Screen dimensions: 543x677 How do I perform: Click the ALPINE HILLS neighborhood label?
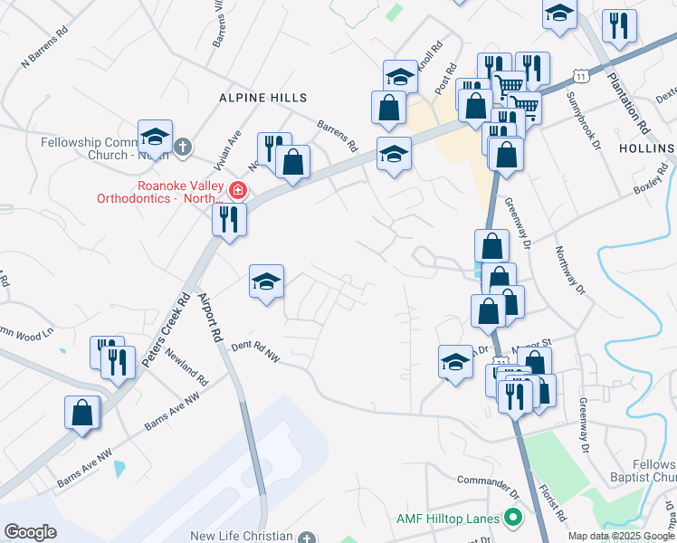pos(262,98)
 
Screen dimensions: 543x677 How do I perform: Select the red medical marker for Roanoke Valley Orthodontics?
pos(238,190)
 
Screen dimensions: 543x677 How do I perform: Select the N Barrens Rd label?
pos(44,53)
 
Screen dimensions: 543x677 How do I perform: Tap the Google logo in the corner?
pos(30,532)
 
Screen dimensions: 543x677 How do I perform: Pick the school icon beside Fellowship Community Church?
pos(155,138)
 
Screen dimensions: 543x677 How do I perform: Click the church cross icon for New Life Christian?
pos(308,537)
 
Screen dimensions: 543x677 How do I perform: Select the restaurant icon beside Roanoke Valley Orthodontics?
pos(229,219)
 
